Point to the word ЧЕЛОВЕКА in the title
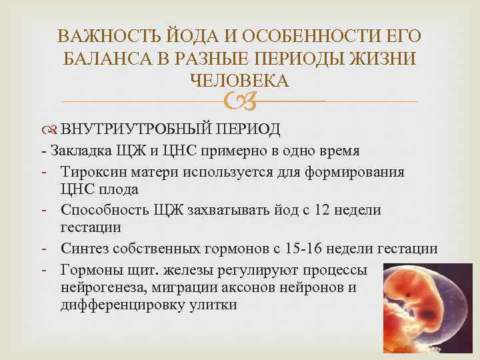239,81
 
